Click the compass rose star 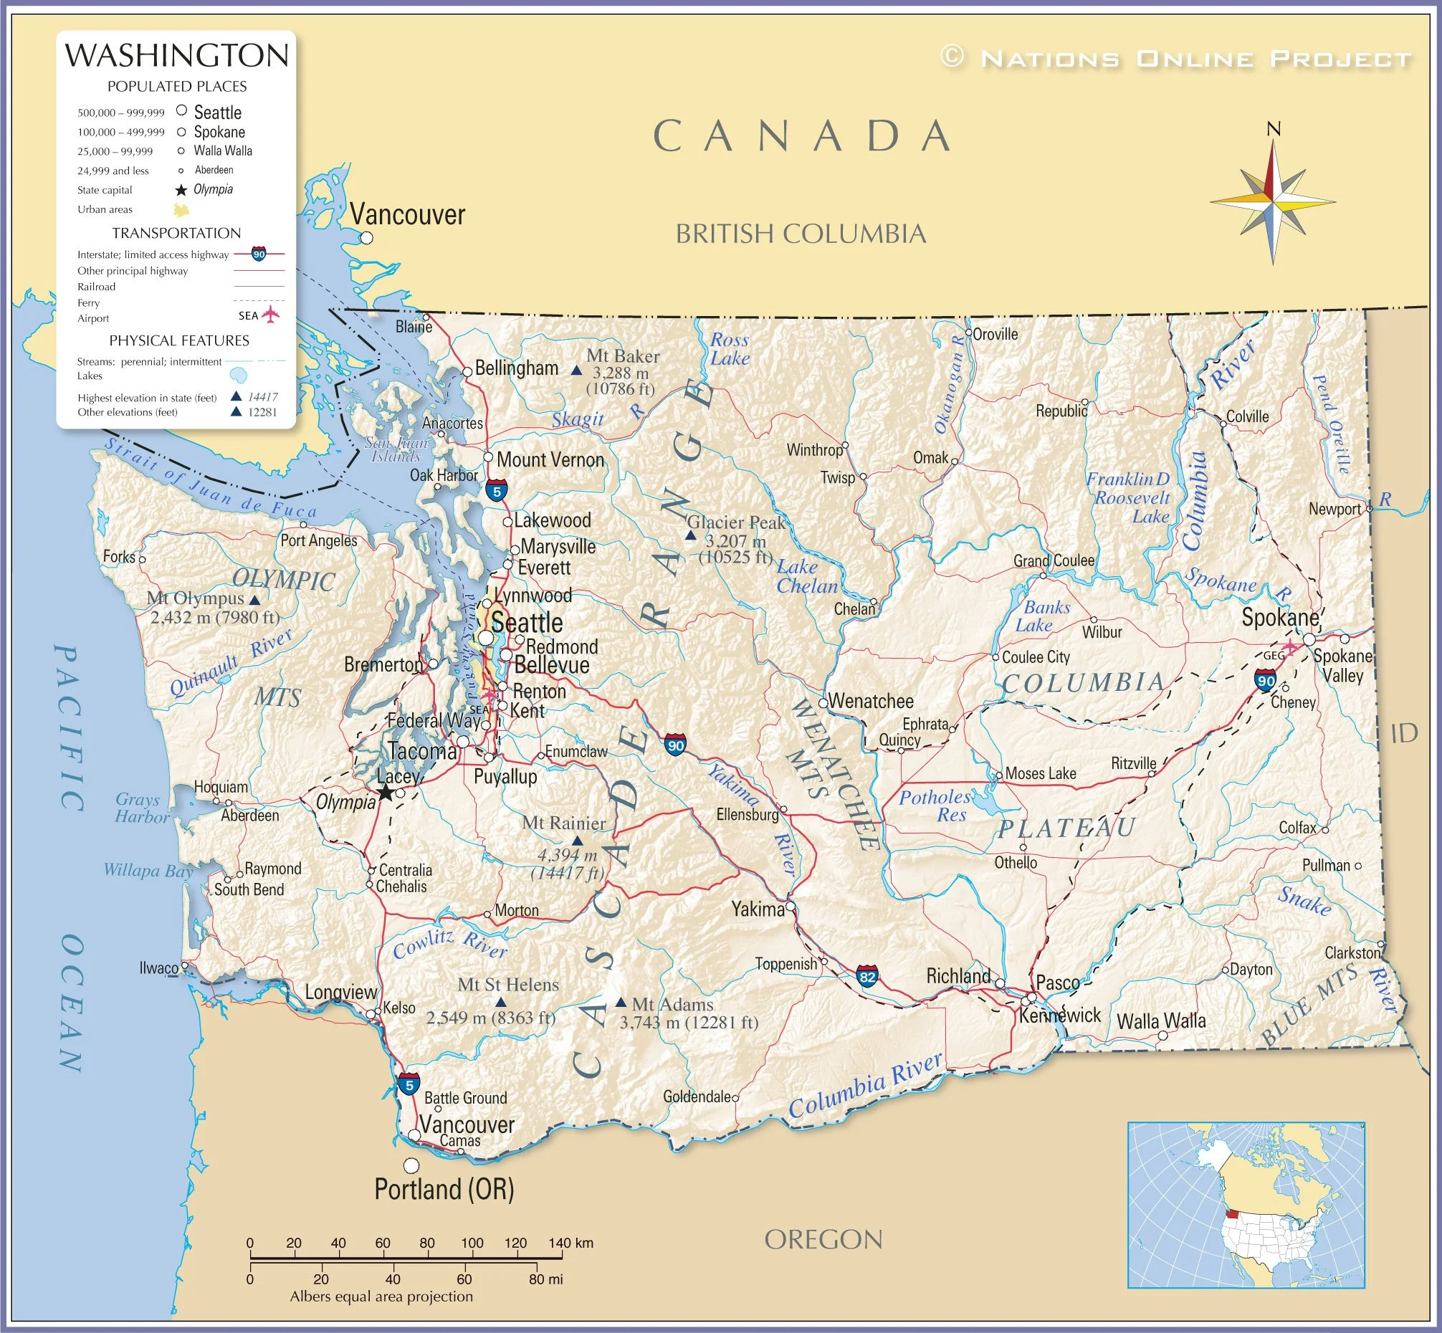[x=1273, y=201]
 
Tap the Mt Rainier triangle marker [x=577, y=841]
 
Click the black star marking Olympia [x=386, y=793]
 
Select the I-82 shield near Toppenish [x=867, y=977]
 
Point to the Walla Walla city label [x=1160, y=1021]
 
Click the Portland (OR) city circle [x=411, y=1165]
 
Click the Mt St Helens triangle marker [x=501, y=1003]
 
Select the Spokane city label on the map [x=1279, y=618]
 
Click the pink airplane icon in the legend [x=269, y=315]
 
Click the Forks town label [x=119, y=557]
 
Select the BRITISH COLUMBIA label [x=800, y=234]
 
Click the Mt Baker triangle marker [x=576, y=371]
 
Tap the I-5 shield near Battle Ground [x=409, y=1084]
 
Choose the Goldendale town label [x=696, y=1097]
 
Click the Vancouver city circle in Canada [x=366, y=237]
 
